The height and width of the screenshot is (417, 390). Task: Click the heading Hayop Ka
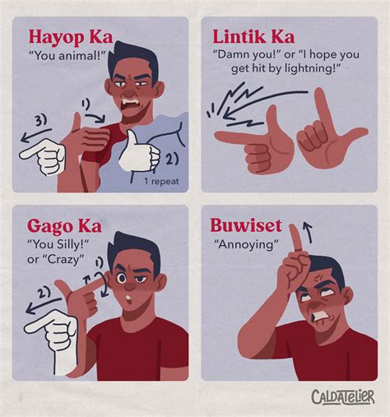pyautogui.click(x=71, y=38)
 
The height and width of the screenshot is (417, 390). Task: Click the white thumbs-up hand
pyautogui.click(x=139, y=150)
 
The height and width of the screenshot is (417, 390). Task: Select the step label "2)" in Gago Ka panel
pyautogui.click(x=39, y=290)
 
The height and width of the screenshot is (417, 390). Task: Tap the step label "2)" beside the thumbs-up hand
pyautogui.click(x=172, y=159)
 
